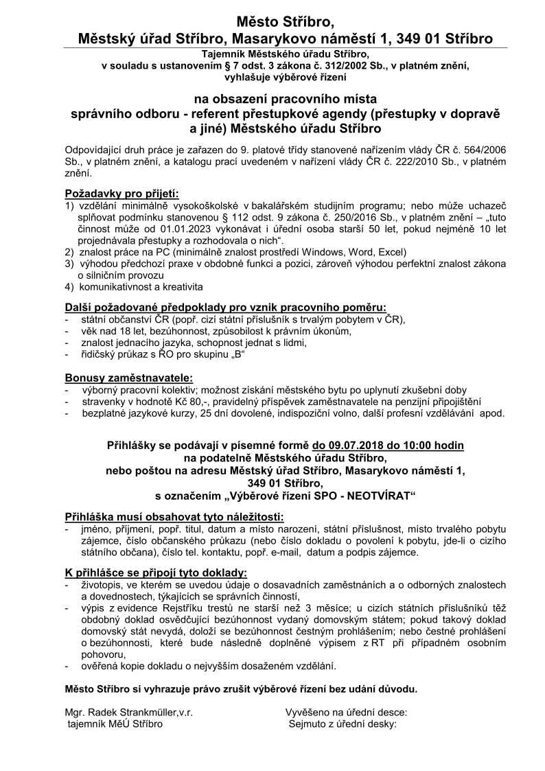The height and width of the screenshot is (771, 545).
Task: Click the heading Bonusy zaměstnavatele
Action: click(x=128, y=377)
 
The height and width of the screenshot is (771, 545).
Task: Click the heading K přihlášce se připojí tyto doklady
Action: click(x=156, y=573)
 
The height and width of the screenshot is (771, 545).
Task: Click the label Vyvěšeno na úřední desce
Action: click(x=346, y=712)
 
